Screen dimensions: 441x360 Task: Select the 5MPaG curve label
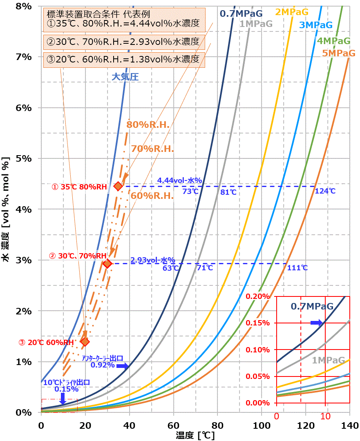click(338, 53)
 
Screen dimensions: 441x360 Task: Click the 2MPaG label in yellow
click(291, 12)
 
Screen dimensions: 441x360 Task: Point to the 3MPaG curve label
click(316, 25)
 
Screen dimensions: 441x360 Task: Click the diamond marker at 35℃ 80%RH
click(118, 186)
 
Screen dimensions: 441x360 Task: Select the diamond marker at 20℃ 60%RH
click(85, 341)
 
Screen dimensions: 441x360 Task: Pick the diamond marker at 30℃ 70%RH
click(107, 264)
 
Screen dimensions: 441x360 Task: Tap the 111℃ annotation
click(297, 268)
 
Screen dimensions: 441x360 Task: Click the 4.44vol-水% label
click(180, 180)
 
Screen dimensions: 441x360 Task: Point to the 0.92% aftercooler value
click(103, 365)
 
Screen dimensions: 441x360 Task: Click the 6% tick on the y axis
click(23, 108)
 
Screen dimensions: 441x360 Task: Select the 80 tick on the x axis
click(217, 425)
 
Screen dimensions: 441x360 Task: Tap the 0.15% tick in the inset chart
click(259, 323)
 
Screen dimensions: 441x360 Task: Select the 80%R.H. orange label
click(148, 125)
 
